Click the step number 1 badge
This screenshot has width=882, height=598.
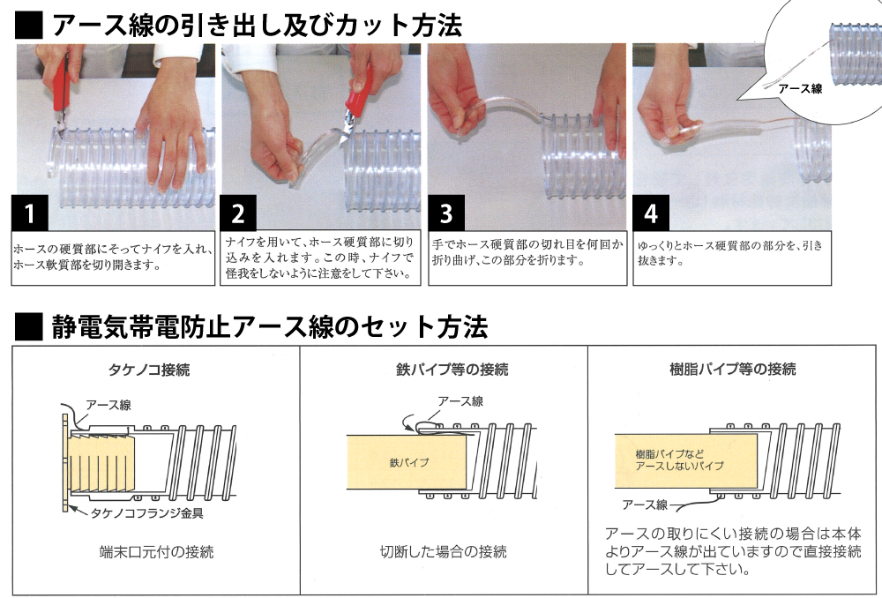coord(30,213)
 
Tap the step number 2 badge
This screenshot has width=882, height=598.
coord(238,213)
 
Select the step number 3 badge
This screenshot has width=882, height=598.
coord(446,213)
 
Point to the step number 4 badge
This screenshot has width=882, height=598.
coord(651,213)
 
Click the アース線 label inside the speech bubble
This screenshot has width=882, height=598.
coord(800,89)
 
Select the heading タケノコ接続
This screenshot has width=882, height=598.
coord(148,370)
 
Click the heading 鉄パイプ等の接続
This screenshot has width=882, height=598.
coord(452,370)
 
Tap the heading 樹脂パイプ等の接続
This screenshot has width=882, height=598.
coord(733,370)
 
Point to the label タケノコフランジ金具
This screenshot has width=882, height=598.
coord(146,512)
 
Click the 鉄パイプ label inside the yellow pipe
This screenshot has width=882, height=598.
coord(409,462)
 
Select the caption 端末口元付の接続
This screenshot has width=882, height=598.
coord(156,552)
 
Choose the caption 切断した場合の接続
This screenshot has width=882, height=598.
coord(444,552)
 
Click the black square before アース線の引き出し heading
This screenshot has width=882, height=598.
coord(29,26)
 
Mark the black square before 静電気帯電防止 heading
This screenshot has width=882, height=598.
coord(29,326)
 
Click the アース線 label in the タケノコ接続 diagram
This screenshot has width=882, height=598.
coord(108,405)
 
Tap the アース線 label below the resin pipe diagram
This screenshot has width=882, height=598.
coord(645,505)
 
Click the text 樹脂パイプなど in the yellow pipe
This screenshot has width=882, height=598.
coord(669,454)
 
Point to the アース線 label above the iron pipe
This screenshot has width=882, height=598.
coord(460,401)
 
